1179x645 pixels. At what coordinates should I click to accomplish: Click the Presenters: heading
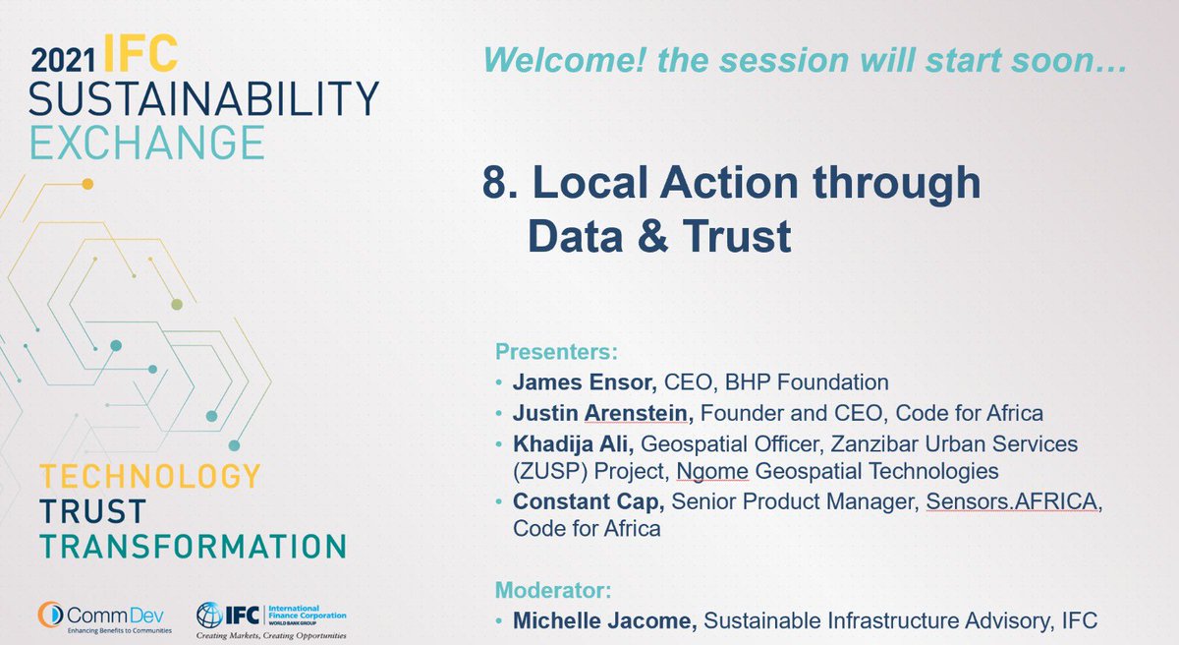tap(557, 351)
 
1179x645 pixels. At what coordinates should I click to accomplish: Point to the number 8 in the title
tap(494, 183)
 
